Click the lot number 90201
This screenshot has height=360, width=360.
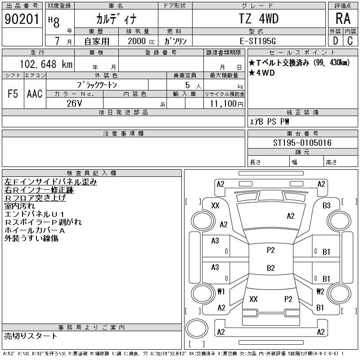22,19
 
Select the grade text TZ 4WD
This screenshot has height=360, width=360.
258,19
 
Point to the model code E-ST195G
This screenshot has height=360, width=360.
258,41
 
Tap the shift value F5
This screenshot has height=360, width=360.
13,94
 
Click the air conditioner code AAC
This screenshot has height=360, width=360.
35,94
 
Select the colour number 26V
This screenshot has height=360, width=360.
74,103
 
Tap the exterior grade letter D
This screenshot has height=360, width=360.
335,41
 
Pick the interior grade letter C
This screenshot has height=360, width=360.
350,41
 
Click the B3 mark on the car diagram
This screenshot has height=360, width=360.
327,206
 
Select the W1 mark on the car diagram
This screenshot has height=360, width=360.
221,291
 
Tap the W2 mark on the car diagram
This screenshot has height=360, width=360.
320,291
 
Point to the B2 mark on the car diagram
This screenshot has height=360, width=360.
270,268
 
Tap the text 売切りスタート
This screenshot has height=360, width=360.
31,336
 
